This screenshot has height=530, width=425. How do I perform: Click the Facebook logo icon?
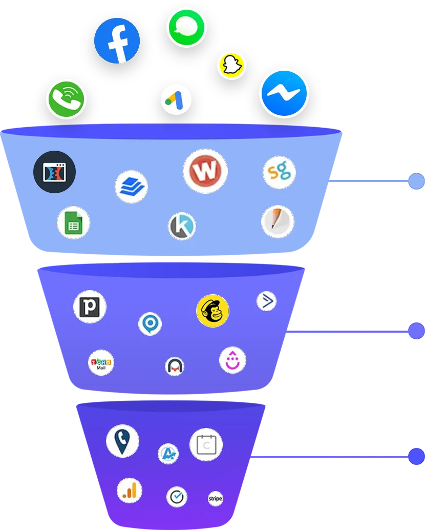(x=117, y=41)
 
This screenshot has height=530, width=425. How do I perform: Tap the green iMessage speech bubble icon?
(x=186, y=27)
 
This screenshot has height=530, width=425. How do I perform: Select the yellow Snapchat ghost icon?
(x=231, y=66)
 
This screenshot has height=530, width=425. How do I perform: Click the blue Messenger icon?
(x=284, y=93)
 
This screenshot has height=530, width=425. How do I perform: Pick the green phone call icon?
(x=66, y=99)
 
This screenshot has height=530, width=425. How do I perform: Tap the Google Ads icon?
(x=176, y=99)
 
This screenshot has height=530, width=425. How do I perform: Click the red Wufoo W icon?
(x=205, y=171)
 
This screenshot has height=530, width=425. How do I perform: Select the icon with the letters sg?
(x=279, y=172)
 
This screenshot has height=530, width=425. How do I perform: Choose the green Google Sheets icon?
(x=74, y=223)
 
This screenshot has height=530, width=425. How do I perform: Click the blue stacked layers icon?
(x=132, y=187)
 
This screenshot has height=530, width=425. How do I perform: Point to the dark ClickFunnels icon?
(x=54, y=172)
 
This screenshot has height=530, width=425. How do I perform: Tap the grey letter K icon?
(x=182, y=227)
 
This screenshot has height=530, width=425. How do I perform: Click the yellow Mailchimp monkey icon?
(x=213, y=311)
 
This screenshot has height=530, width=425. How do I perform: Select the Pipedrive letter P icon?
(x=90, y=307)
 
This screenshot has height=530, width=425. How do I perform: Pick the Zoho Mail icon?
(x=101, y=363)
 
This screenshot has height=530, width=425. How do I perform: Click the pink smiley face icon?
(x=232, y=360)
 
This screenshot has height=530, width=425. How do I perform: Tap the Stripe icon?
(x=215, y=498)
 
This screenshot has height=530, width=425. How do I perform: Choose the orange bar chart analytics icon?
(x=130, y=491)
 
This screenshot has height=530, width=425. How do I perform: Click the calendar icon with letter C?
(x=206, y=445)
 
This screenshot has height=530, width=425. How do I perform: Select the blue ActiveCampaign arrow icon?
(x=266, y=301)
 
